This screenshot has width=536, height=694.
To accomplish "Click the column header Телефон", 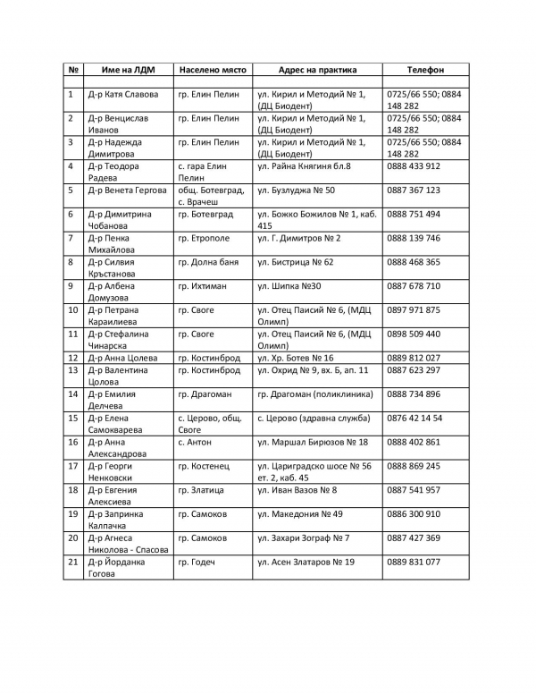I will pyautogui.click(x=425, y=69).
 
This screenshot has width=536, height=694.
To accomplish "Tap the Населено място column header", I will pyautogui.click(x=213, y=69).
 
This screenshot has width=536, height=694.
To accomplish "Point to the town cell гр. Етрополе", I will pyautogui.click(x=204, y=239).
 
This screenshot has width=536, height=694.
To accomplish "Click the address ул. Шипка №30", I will pyautogui.click(x=289, y=286).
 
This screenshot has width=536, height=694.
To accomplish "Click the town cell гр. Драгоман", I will pyautogui.click(x=205, y=394).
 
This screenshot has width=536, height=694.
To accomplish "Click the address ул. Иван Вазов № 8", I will pyautogui.click(x=297, y=491).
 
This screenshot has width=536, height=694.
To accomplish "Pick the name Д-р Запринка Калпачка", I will pyautogui.click(x=118, y=520).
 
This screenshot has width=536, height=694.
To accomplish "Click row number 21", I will pyautogui.click(x=72, y=563).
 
